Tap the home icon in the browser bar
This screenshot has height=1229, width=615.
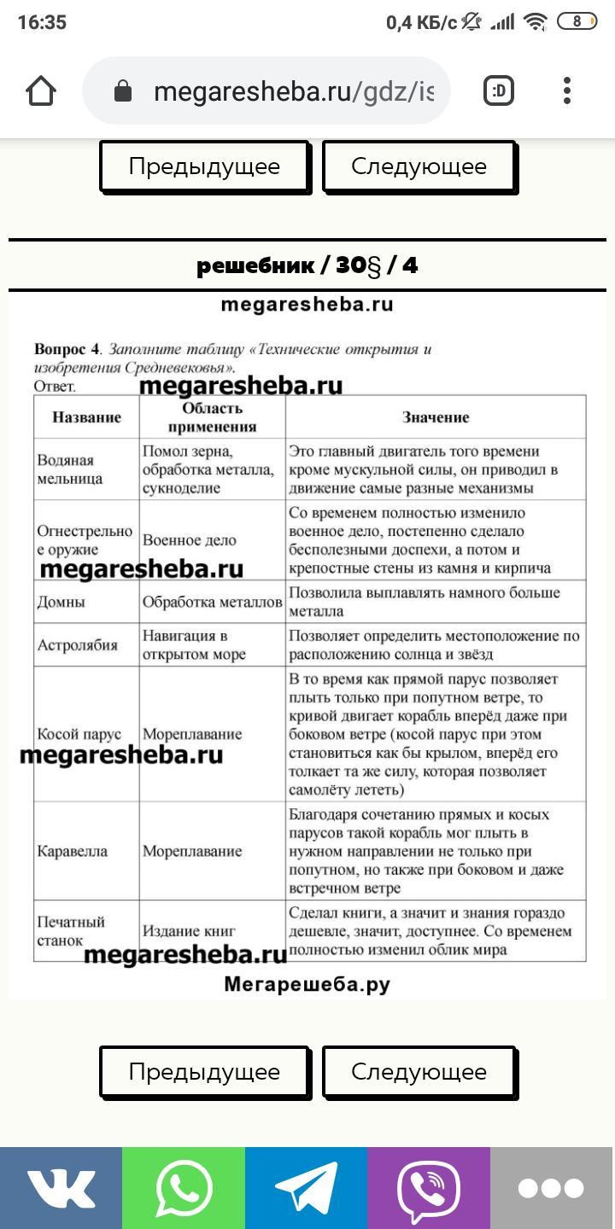click(x=41, y=91)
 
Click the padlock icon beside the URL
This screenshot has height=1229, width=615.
click(x=123, y=91)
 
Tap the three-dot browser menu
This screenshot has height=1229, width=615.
click(x=567, y=91)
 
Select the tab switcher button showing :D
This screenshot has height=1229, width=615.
click(x=499, y=91)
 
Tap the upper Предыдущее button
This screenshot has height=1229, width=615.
click(x=204, y=166)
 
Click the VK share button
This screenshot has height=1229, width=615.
click(x=61, y=1187)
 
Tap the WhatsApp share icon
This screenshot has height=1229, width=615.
click(x=184, y=1187)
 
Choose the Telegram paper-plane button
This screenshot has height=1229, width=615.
click(x=306, y=1187)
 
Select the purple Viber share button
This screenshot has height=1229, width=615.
click(x=429, y=1187)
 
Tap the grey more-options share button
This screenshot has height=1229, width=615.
click(x=552, y=1187)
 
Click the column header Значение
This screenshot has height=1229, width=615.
click(x=436, y=417)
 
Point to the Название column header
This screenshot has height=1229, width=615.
click(x=86, y=417)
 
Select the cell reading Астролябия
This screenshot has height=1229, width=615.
click(x=77, y=645)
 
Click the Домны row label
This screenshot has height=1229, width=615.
click(x=61, y=602)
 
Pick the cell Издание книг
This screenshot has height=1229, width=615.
click(x=189, y=931)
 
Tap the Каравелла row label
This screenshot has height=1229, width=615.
click(x=73, y=851)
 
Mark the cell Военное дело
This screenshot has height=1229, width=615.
click(x=190, y=540)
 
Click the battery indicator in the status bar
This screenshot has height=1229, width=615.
click(x=577, y=22)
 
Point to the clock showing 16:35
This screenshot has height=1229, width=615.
click(x=42, y=22)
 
